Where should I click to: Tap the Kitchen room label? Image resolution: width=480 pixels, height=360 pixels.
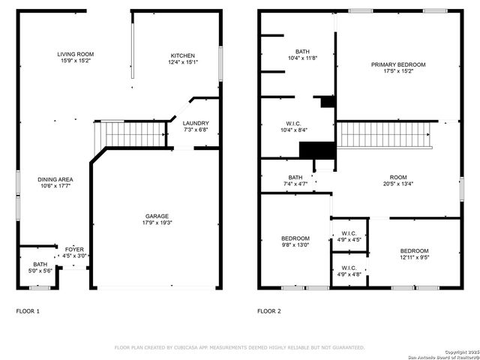[182, 55]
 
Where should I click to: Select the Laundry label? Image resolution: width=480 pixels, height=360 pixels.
[195, 123]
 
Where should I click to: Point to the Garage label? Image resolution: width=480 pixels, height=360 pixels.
[157, 216]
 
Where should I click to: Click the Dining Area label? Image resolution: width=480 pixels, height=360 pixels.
[56, 179]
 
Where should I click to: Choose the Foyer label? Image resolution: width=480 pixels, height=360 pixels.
[73, 249]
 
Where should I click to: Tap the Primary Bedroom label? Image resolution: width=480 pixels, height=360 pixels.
[397, 64]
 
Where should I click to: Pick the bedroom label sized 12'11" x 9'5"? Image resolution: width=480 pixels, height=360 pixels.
[413, 250]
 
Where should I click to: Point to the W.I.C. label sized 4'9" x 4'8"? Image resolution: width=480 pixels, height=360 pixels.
[349, 268]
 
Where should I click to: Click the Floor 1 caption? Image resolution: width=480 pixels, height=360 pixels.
[28, 310]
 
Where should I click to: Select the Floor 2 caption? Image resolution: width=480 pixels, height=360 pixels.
[268, 310]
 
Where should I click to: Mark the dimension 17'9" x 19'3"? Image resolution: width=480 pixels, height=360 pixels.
[157, 223]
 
